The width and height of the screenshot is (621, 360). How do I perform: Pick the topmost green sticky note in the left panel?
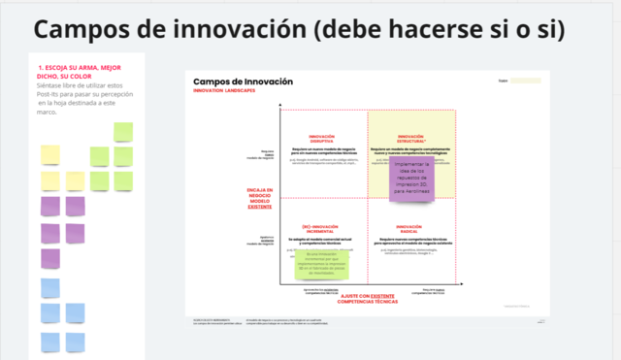pyautogui.click(x=123, y=131)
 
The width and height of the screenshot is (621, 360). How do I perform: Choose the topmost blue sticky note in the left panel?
pyautogui.click(x=49, y=288)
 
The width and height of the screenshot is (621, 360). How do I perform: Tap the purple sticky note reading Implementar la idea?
pyautogui.click(x=417, y=178)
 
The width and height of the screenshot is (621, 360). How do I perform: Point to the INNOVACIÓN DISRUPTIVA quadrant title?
pyautogui.click(x=320, y=139)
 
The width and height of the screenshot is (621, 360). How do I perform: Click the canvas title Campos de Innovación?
pyautogui.click(x=243, y=82)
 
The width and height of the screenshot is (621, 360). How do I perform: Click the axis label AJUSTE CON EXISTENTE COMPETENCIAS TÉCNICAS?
pyautogui.click(x=368, y=299)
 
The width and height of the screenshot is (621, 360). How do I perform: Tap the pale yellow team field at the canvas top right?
pyautogui.click(x=525, y=82)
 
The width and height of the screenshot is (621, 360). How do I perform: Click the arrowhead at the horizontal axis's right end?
pyautogui.click(x=455, y=283)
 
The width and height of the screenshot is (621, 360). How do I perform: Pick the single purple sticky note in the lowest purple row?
pyautogui.click(x=49, y=259)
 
